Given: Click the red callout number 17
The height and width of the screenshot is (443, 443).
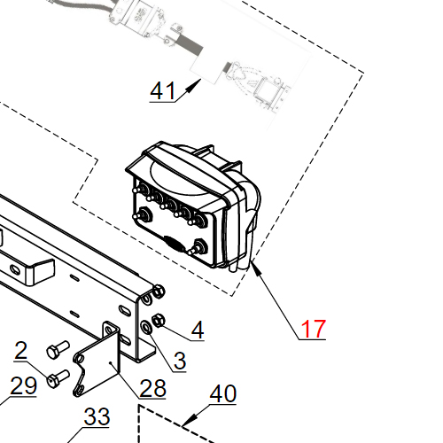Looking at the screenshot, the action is (314, 329).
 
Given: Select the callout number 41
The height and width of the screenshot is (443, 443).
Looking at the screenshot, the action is (163, 90).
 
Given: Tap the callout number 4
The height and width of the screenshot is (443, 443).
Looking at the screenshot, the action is (198, 330).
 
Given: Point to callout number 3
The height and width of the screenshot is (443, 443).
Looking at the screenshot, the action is (180, 361).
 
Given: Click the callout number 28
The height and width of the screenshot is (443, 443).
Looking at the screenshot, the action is (152, 388).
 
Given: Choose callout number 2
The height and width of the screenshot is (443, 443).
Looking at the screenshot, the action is (21, 351).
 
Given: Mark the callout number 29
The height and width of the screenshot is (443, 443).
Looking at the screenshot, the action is (24, 385).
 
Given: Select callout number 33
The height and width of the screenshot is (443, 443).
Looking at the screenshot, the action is (97, 416).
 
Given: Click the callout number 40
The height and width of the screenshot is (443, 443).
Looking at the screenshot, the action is (223, 393).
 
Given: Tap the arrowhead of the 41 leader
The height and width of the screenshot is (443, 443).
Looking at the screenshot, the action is (195, 85).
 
